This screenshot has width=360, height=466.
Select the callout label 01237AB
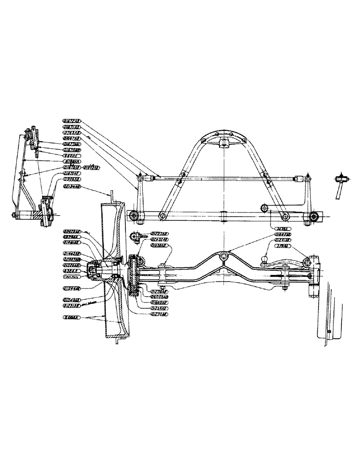(160, 233)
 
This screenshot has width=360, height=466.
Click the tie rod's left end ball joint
(140, 178)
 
